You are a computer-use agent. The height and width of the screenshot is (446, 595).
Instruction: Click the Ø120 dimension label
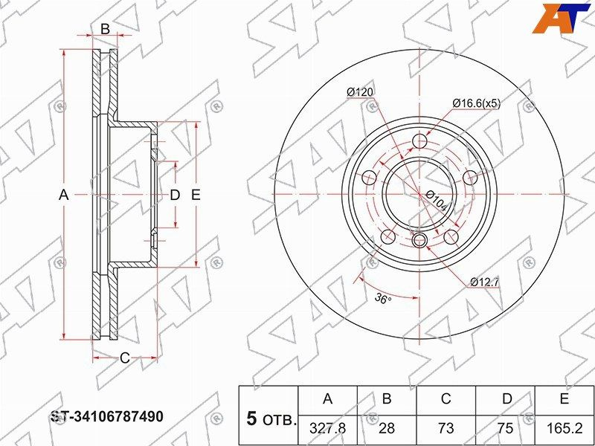point(359,91)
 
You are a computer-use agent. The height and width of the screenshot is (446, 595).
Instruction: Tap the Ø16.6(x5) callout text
point(476,104)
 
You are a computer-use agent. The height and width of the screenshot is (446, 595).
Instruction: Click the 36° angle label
point(382,299)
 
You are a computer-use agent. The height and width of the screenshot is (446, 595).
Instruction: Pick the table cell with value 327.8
point(327,429)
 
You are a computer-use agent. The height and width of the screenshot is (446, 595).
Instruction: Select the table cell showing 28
point(387,429)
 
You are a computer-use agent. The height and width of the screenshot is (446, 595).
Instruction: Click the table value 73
point(446,429)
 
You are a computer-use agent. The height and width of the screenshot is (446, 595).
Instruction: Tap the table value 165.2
point(565,429)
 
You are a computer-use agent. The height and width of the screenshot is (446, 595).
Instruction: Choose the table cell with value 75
point(506,429)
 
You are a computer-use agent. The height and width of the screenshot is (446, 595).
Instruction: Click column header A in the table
point(327,399)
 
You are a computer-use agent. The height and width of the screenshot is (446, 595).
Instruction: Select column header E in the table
point(565,399)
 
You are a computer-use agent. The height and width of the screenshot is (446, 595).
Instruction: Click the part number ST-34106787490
point(106,416)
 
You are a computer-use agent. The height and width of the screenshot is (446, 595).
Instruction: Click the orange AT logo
point(562,17)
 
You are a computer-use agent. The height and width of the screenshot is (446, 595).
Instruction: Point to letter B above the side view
point(105,30)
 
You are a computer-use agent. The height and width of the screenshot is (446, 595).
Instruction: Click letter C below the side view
point(125,358)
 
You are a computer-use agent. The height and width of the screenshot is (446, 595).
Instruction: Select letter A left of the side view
point(64,195)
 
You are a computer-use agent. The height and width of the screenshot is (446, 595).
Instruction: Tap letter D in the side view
point(175,195)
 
